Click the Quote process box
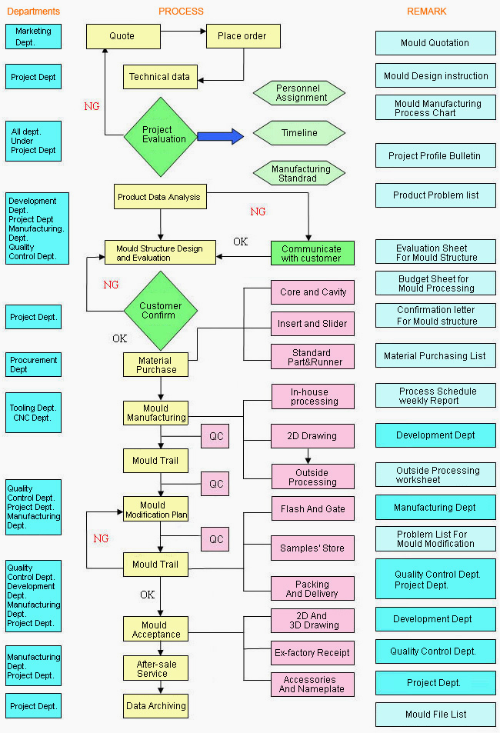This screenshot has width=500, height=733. pyautogui.click(x=124, y=36)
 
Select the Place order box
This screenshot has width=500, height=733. pyautogui.click(x=243, y=36)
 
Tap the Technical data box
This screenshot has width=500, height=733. pyautogui.click(x=160, y=77)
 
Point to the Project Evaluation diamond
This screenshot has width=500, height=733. pyautogui.click(x=161, y=136)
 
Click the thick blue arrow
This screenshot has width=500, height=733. pyautogui.click(x=220, y=136)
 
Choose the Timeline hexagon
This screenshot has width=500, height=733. pyautogui.click(x=299, y=133)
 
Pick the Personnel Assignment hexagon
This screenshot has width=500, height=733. pyautogui.click(x=299, y=93)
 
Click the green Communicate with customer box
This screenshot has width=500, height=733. pyautogui.click(x=312, y=253)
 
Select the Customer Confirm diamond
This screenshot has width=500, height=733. pyautogui.click(x=161, y=311)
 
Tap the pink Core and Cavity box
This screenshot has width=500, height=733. pyautogui.click(x=313, y=292)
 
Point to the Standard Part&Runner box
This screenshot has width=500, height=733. pyautogui.click(x=313, y=357)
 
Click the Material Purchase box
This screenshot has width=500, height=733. pyautogui.click(x=155, y=365)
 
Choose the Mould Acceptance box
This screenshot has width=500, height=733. pyautogui.click(x=155, y=629)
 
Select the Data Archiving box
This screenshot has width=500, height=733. pyautogui.click(x=155, y=706)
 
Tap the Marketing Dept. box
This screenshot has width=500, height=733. pyautogui.click(x=33, y=36)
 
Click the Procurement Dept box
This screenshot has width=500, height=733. pyautogui.click(x=33, y=365)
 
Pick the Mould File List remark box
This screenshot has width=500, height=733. pyautogui.click(x=435, y=715)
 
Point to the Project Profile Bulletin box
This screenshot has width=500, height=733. pyautogui.click(x=435, y=155)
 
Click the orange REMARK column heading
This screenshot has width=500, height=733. pyautogui.click(x=427, y=12)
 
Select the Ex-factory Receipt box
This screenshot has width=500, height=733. pyautogui.click(x=313, y=653)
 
